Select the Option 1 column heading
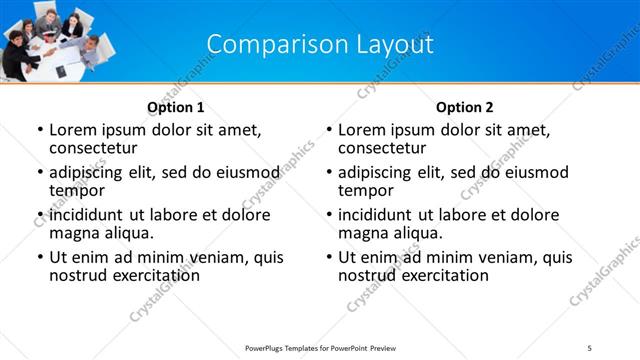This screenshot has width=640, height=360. click(x=176, y=107)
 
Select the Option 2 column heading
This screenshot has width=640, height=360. click(x=465, y=107)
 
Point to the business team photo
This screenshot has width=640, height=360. click(x=55, y=40)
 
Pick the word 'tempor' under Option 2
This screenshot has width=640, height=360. click(x=364, y=190)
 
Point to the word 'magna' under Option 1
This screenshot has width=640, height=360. click(x=73, y=233)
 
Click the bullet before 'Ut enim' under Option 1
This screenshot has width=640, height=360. click(x=39, y=258)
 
